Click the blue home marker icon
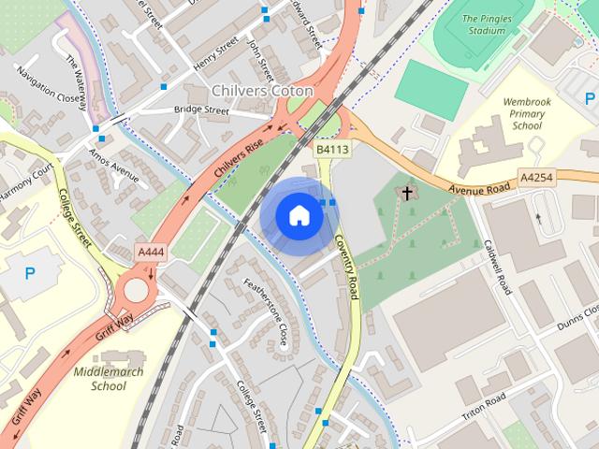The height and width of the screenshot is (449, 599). pyautogui.click(x=299, y=216)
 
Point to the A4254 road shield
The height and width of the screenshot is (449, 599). pyautogui.click(x=535, y=176)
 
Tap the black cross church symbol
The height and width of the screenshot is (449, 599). pyautogui.click(x=407, y=194)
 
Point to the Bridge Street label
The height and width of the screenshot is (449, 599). pyautogui.click(x=201, y=109)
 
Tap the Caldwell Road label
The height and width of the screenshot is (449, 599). pyautogui.click(x=496, y=267)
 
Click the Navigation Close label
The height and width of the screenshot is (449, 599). pyautogui.click(x=48, y=84)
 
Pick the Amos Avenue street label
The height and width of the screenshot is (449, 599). pyautogui.click(x=114, y=165)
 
